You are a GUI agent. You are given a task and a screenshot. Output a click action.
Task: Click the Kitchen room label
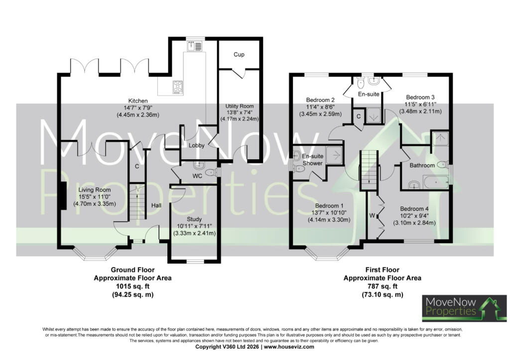(138, 101)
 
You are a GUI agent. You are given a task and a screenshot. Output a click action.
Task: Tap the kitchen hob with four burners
(178, 87)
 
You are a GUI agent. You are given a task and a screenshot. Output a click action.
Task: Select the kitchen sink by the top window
(194, 46)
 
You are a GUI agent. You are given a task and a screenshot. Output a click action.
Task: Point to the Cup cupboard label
(239, 54)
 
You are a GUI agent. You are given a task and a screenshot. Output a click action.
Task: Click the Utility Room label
(240, 106)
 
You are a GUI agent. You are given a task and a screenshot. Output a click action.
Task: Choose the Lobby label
(196, 145)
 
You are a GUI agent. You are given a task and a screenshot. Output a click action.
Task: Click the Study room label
(194, 219)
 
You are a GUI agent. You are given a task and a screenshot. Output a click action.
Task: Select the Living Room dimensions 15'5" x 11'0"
(95, 197)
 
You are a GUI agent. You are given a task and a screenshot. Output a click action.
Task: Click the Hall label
(156, 205)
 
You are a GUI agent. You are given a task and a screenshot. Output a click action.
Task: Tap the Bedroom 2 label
(320, 100)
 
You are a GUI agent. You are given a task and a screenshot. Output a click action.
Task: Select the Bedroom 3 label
(420, 97)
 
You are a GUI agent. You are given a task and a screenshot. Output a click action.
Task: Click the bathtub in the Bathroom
(435, 182)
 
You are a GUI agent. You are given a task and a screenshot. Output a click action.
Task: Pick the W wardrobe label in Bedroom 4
(372, 215)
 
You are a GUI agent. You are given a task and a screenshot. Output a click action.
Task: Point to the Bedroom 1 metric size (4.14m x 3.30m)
(329, 220)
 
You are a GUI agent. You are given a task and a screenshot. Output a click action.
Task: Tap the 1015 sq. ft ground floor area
(132, 286)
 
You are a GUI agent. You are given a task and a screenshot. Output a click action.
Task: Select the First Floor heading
(382, 269)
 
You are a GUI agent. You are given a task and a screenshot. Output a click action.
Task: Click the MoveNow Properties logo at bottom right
(465, 308)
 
